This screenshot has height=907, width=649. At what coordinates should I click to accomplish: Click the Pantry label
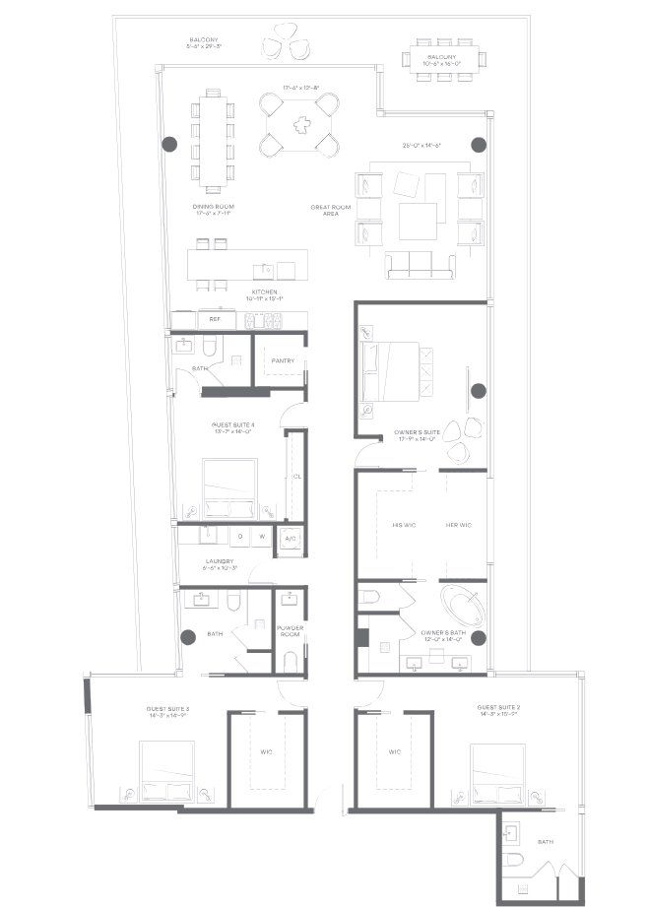pos(283,360)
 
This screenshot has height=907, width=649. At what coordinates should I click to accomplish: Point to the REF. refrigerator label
pos(214,319)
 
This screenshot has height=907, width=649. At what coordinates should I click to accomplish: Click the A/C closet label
pos(291,539)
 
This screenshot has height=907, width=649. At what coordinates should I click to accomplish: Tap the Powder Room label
pos(290,631)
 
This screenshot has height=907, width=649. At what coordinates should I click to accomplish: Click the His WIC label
pos(404,526)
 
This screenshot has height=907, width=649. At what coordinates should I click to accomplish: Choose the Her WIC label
pos(459,526)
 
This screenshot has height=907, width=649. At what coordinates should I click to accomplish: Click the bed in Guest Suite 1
pos(229,487)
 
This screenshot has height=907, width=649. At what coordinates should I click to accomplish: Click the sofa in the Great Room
pos(421,264)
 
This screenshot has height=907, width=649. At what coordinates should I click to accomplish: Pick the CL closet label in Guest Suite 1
pos(296,476)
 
